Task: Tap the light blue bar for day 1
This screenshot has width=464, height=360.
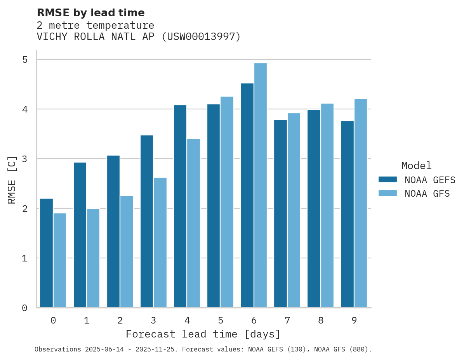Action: point(93,258)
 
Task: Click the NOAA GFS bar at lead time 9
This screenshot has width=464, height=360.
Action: point(361,203)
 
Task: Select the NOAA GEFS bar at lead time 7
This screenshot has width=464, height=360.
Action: point(280,214)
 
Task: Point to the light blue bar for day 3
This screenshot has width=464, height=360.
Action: point(160,242)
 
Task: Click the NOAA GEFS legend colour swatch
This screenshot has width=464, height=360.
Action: point(388,180)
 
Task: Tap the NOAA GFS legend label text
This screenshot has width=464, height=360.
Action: point(427,194)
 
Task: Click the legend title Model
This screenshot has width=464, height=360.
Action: point(416,166)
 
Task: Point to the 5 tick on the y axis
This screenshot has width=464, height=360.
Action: point(25,60)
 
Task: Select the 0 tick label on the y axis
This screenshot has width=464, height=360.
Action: point(25,308)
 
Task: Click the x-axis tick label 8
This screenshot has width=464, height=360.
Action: point(321,320)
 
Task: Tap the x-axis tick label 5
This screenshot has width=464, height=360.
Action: point(221,320)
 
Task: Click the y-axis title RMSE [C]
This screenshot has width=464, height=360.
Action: point(12,180)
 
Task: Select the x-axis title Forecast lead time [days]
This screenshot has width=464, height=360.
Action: point(203,334)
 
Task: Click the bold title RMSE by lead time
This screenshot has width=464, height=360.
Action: point(91,13)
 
